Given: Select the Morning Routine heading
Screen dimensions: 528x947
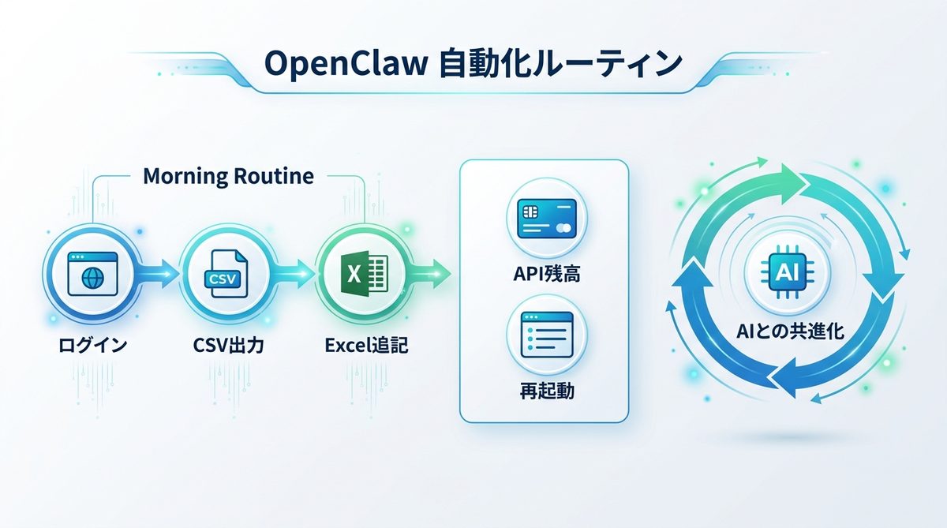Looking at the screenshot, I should (228, 176).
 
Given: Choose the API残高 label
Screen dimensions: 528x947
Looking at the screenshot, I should (544, 276).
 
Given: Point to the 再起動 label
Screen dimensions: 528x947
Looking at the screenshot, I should (544, 391).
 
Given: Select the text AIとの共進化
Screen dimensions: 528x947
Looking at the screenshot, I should (789, 331).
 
